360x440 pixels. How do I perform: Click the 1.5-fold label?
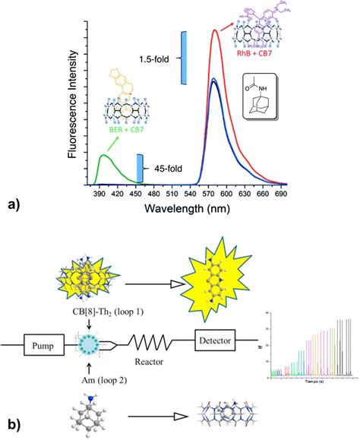[158, 59]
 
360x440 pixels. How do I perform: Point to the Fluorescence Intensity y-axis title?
[71, 106]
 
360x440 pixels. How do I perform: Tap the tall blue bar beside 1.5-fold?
[183, 58]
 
